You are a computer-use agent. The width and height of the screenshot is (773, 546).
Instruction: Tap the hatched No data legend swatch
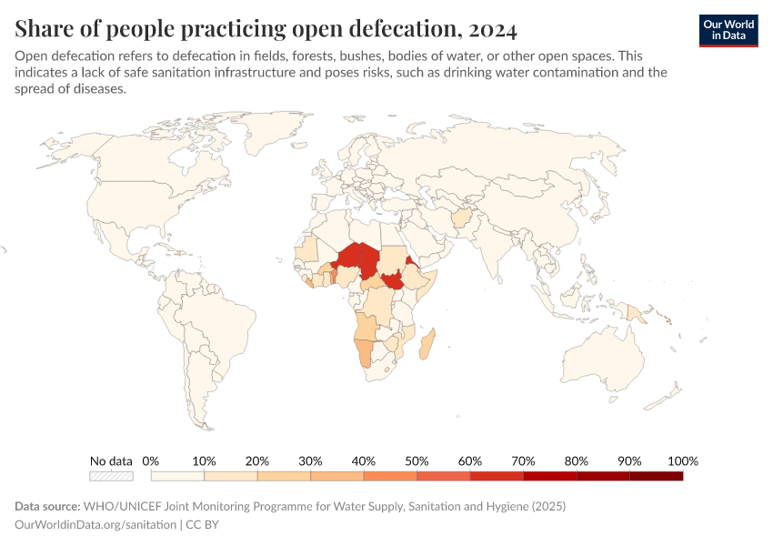[111, 475]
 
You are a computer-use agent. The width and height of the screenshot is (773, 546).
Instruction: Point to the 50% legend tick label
[417, 460]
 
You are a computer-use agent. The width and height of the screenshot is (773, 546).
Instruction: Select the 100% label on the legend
[682, 460]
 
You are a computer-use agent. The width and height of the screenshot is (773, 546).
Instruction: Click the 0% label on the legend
[152, 460]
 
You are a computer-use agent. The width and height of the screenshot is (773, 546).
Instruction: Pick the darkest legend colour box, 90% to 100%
[656, 475]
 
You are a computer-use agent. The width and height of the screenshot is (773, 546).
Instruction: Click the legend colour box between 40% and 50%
[390, 475]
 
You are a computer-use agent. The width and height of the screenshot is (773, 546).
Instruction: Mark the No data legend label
[111, 460]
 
